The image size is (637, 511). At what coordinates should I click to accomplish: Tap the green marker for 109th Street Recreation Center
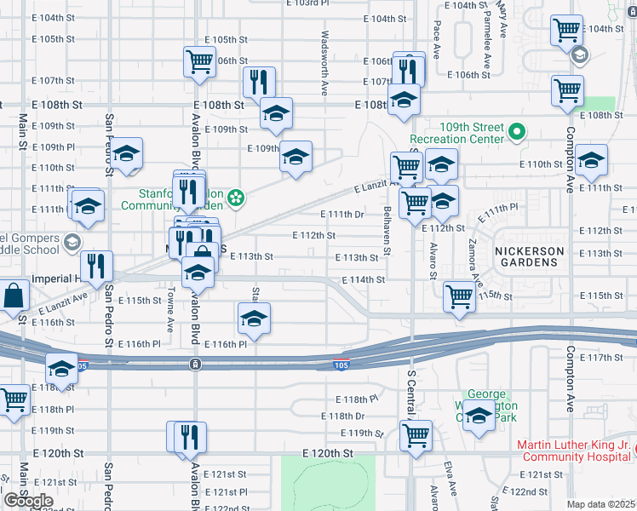pos(516,132)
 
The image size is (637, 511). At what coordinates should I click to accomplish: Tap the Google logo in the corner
pos(28,501)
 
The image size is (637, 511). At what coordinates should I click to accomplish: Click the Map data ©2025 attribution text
pos(600,504)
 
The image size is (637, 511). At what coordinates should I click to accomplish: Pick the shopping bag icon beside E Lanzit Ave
pos(14,296)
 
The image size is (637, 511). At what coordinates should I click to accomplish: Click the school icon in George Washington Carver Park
pos(479,416)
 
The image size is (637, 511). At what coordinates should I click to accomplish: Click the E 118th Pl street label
pos(356,399)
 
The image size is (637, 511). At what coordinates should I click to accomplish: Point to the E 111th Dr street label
pos(341,214)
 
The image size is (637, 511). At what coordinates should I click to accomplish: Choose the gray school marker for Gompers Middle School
pos(73,242)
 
